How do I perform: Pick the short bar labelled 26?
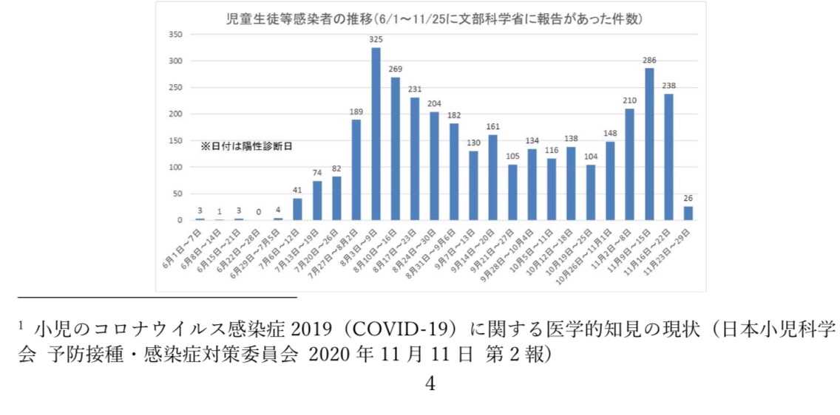coord(688,213)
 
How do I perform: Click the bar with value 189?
coord(356,171)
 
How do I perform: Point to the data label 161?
coord(492,127)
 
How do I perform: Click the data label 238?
coord(668,86)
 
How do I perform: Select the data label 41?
coord(298,191)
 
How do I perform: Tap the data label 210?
coord(630,100)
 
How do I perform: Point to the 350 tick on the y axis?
coord(176,35)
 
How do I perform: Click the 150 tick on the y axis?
coord(176,141)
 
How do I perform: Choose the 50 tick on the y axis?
coord(178,194)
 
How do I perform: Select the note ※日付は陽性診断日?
coord(247,147)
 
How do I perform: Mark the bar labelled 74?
coord(317,201)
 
